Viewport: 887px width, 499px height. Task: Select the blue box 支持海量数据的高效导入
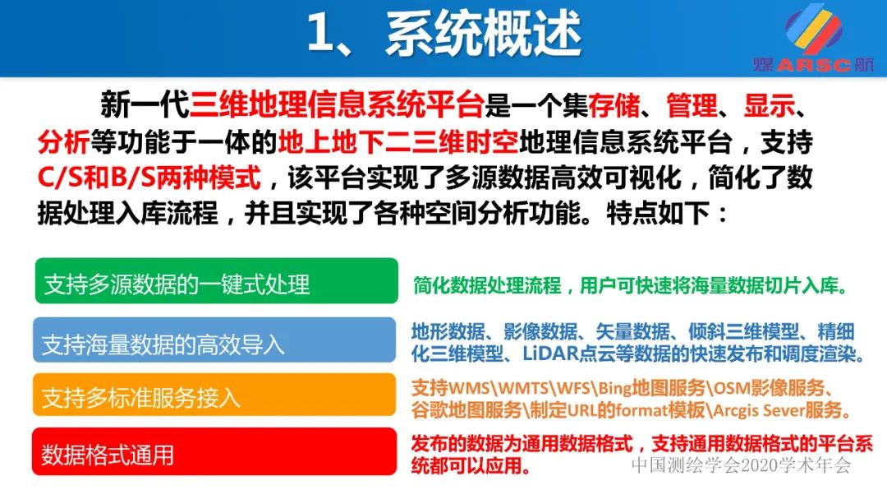pos(215,340)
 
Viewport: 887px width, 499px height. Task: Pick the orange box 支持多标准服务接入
pos(215,395)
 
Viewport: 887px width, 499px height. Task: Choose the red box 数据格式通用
pos(215,451)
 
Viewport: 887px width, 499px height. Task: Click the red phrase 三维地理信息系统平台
pos(337,105)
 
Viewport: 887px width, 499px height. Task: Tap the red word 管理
pos(692,105)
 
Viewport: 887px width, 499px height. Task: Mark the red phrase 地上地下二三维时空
pos(398,142)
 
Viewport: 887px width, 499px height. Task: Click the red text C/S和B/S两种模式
pos(149,178)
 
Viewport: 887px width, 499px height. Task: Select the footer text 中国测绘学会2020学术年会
pos(741,466)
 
